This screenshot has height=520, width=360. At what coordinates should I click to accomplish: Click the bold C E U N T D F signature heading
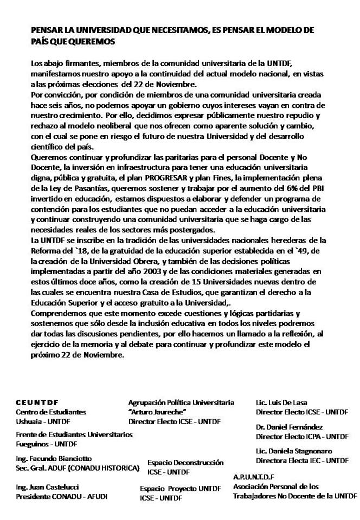tap(37, 403)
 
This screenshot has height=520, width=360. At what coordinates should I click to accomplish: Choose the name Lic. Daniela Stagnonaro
tap(293, 451)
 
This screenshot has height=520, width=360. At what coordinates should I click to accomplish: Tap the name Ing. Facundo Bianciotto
tap(54, 458)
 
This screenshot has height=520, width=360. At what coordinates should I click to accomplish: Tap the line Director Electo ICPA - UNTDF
tap(302, 436)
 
